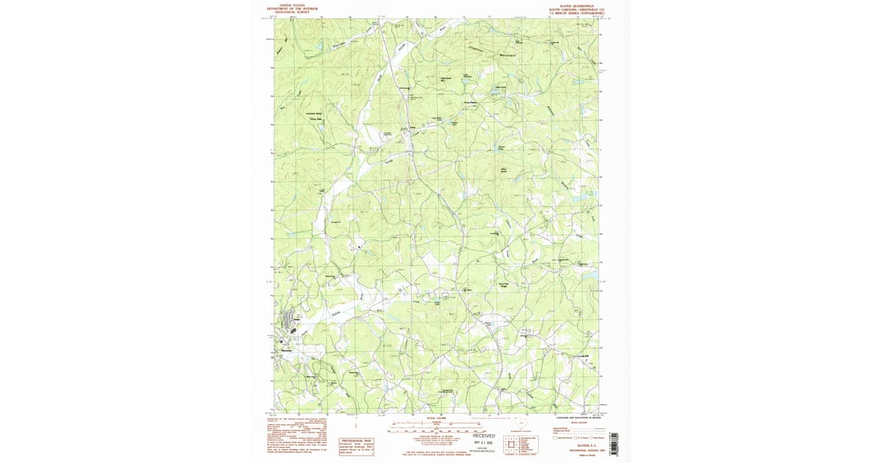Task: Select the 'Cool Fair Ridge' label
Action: click(505, 286)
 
